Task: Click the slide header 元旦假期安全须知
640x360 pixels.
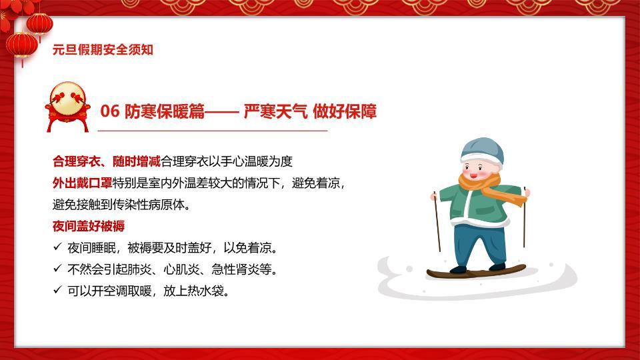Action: pyautogui.click(x=103, y=50)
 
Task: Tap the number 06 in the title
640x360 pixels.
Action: pyautogui.click(x=109, y=111)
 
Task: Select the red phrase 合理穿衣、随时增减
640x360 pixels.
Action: pyautogui.click(x=107, y=161)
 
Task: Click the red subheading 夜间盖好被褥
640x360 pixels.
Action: pyautogui.click(x=89, y=226)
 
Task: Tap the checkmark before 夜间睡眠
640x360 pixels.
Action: pyautogui.click(x=57, y=248)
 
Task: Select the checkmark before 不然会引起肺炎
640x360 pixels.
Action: pyautogui.click(x=57, y=269)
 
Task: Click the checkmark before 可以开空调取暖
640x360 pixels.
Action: pyautogui.click(x=57, y=291)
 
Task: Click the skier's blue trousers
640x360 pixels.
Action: pyautogui.click(x=474, y=243)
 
